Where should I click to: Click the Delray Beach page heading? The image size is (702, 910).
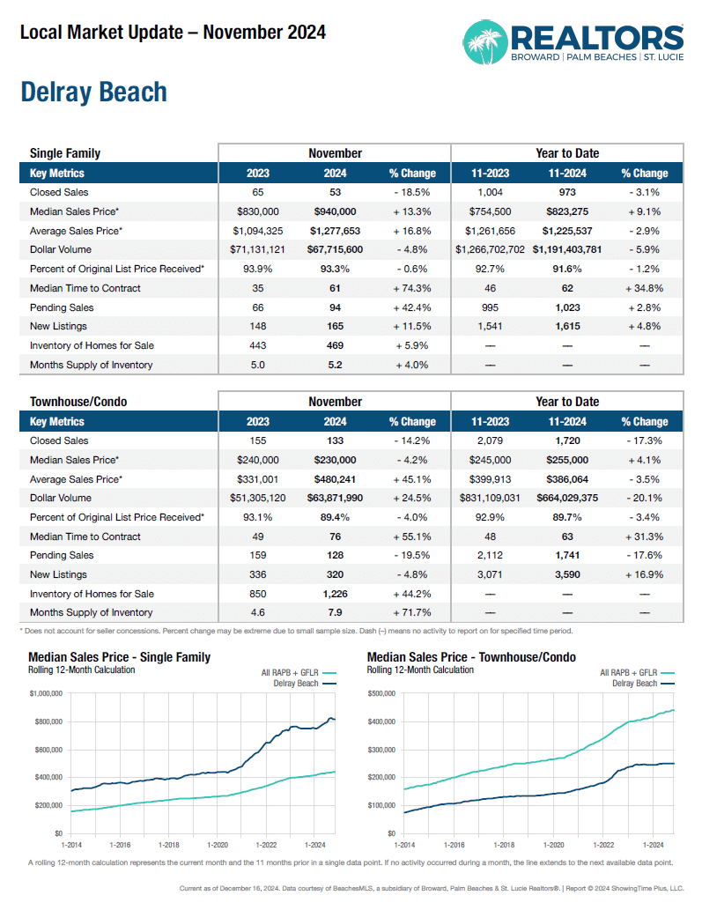pyautogui.click(x=93, y=92)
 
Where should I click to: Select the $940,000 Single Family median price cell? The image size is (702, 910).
pyautogui.click(x=335, y=211)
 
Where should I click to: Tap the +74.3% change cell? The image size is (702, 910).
pyautogui.click(x=411, y=288)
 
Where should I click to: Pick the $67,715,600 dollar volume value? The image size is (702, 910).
pyautogui.click(x=335, y=250)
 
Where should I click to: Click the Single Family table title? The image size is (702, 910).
pyautogui.click(x=65, y=153)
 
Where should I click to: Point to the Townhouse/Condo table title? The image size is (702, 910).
pyautogui.click(x=78, y=402)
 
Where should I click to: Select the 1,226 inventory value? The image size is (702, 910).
pyautogui.click(x=335, y=594)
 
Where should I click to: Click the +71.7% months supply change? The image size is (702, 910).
pyautogui.click(x=411, y=613)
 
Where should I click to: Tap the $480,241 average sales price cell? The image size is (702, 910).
pyautogui.click(x=335, y=479)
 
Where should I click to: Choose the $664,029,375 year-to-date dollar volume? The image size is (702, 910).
pyautogui.click(x=568, y=499)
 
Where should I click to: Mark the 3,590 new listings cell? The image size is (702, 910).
pyautogui.click(x=568, y=574)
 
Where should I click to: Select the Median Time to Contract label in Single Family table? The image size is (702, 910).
pyautogui.click(x=85, y=288)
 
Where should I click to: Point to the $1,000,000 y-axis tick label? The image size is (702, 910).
pyautogui.click(x=46, y=694)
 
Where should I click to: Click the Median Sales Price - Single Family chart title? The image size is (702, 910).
pyautogui.click(x=120, y=657)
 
